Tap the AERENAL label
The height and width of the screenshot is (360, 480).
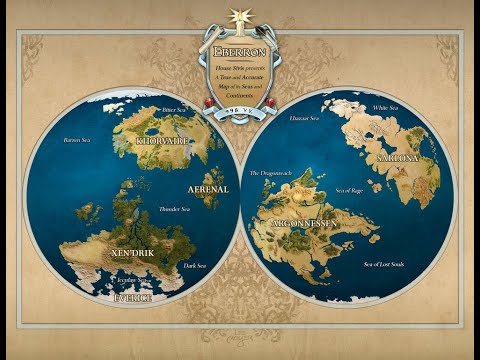coord(208,188)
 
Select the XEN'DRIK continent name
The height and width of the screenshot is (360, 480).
coord(133,252)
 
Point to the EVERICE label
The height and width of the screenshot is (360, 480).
coord(133,298)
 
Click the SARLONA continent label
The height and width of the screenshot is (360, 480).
coord(397,158)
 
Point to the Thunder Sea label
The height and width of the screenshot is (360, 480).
coord(175,210)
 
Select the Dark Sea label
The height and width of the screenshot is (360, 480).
coord(195,266)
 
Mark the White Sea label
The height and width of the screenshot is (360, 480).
coord(384,107)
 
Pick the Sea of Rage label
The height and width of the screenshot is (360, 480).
coord(349,190)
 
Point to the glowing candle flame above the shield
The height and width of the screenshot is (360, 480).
coord(240,14)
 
